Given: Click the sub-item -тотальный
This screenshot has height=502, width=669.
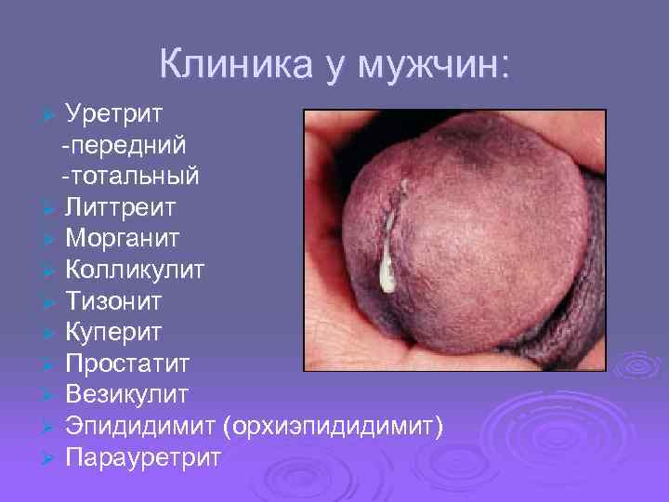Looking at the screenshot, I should click(130, 175).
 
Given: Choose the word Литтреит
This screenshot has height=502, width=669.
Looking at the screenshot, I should click(120, 206).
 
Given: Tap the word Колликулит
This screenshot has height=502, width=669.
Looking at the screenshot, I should click(136, 270).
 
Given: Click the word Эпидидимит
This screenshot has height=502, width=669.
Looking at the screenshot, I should click(140, 426).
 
